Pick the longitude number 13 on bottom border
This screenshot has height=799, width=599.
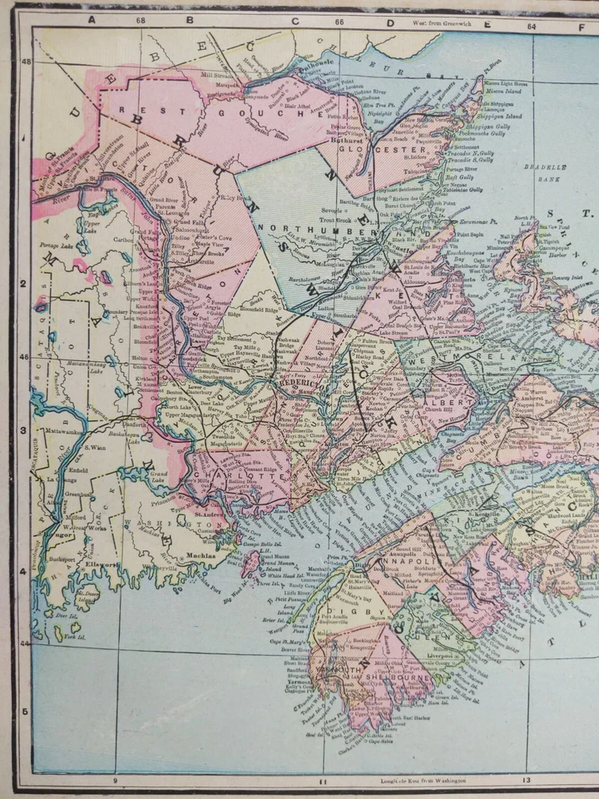[x=525, y=781]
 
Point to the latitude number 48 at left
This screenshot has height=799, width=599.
[x=25, y=62]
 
